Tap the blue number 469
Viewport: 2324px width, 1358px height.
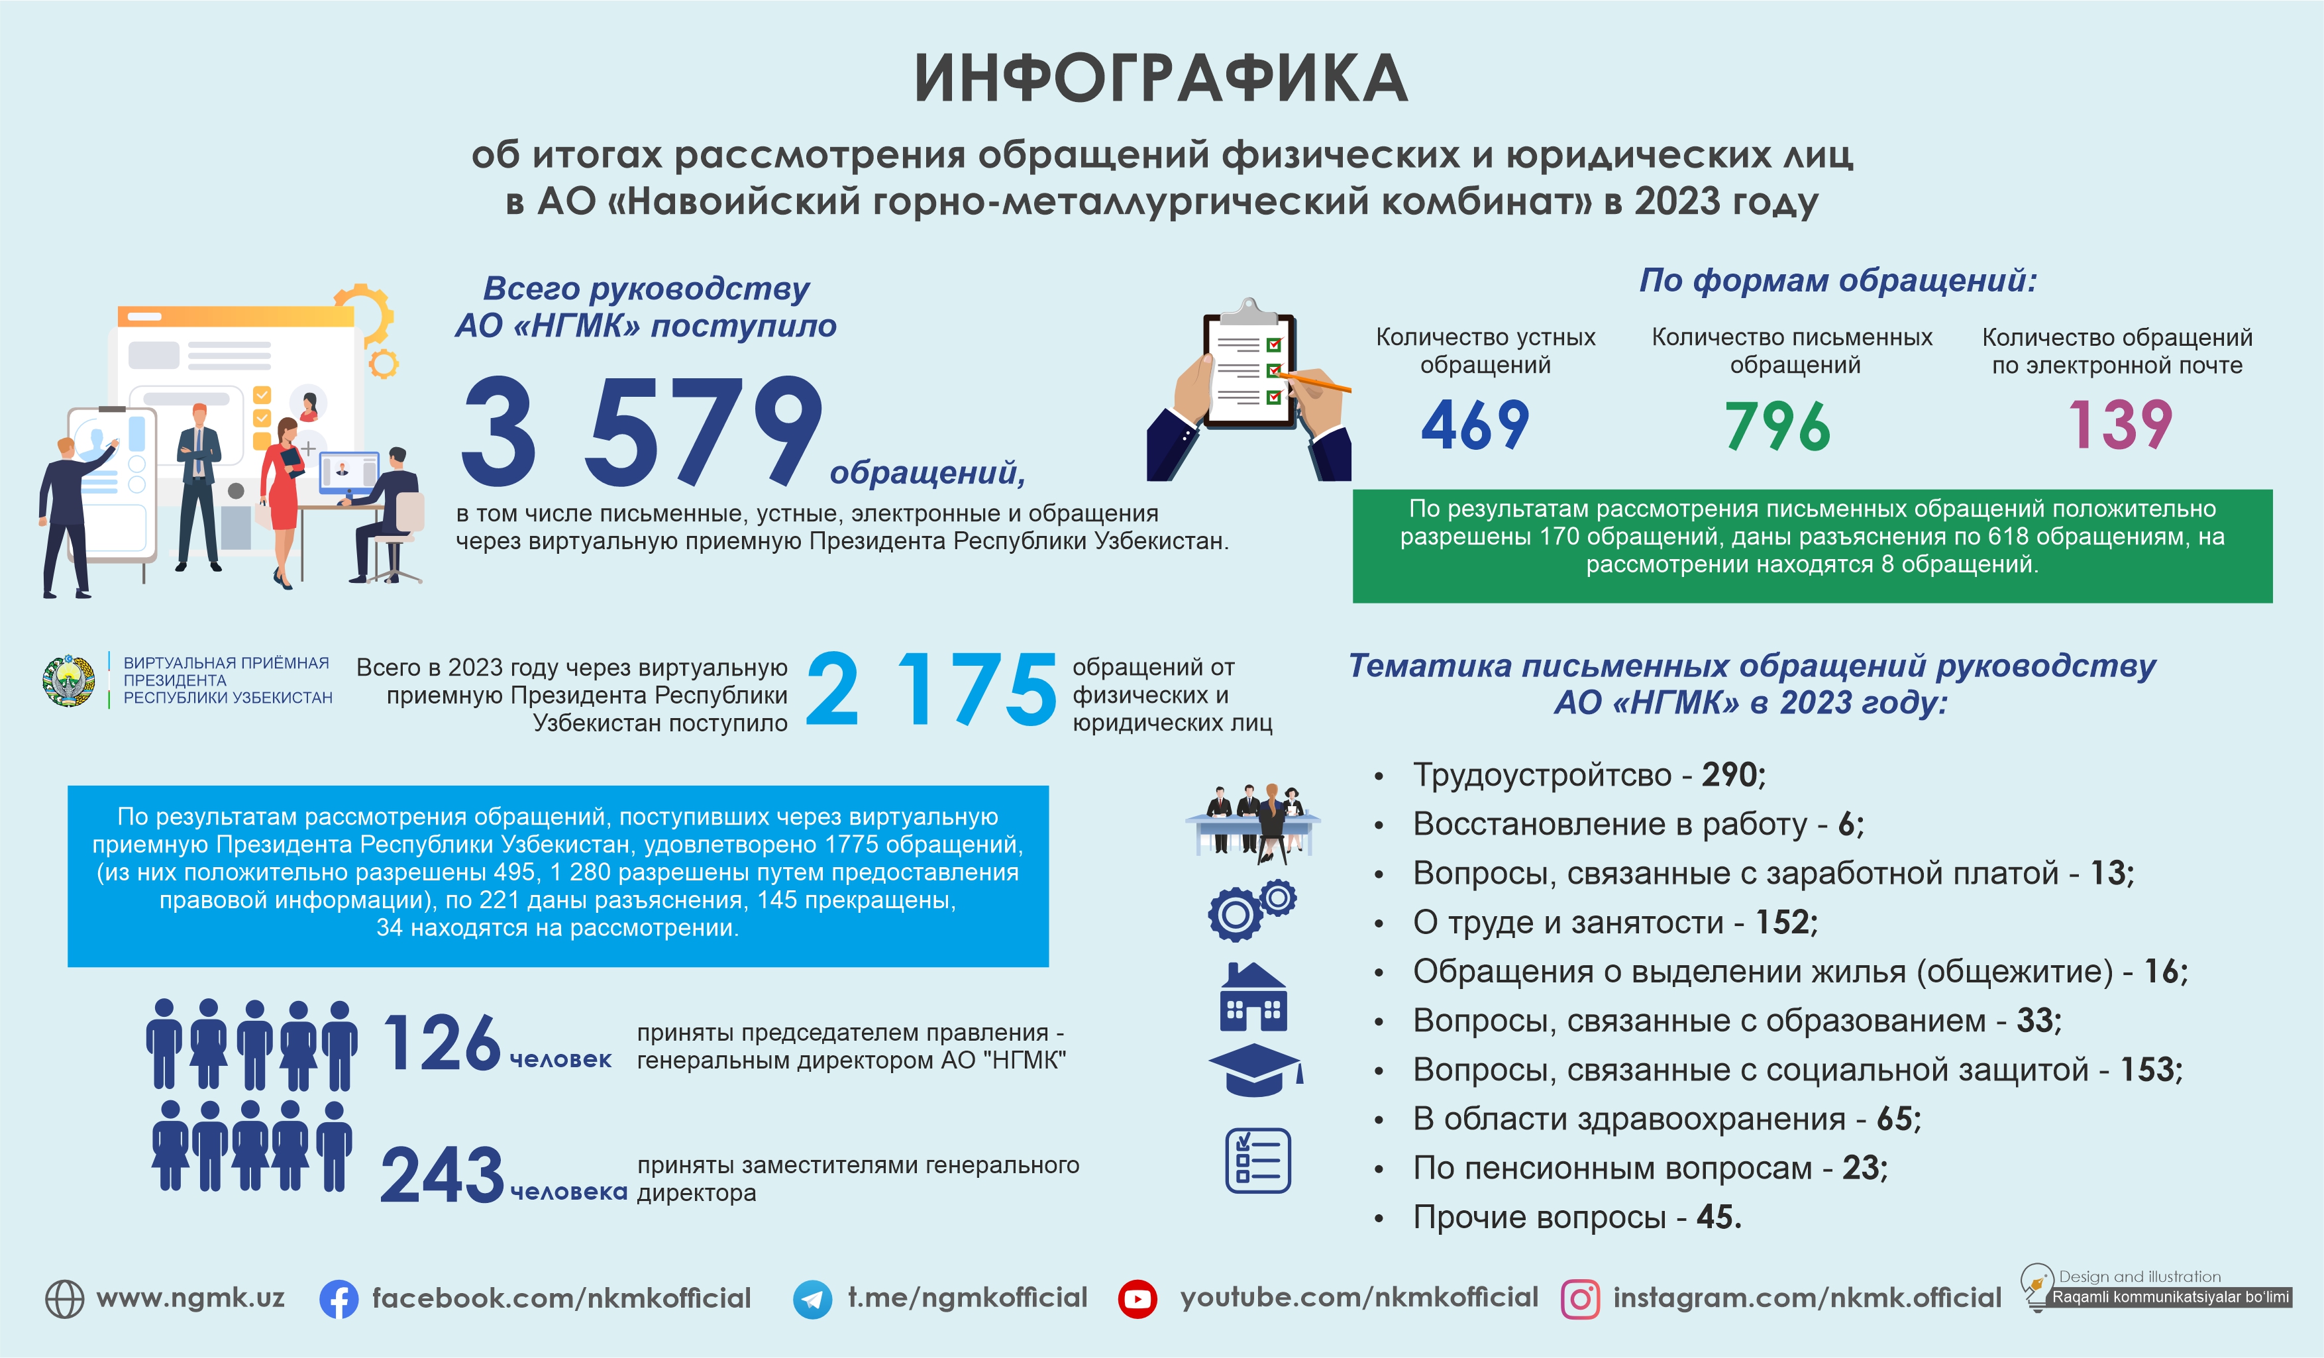point(1475,425)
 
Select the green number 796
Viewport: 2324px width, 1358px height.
point(1777,426)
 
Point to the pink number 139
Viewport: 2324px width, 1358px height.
point(2120,425)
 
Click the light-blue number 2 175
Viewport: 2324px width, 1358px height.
point(931,690)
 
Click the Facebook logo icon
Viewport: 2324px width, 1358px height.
point(339,1299)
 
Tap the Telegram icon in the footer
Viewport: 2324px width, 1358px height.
point(812,1299)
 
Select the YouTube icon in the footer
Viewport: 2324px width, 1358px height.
point(1137,1299)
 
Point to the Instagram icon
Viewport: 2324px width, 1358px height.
point(1580,1299)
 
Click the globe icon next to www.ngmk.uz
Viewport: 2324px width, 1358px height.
point(64,1299)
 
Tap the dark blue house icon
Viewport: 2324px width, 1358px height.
point(1253,998)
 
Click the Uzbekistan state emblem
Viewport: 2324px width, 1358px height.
point(69,681)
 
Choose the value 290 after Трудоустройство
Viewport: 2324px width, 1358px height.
point(1731,774)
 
